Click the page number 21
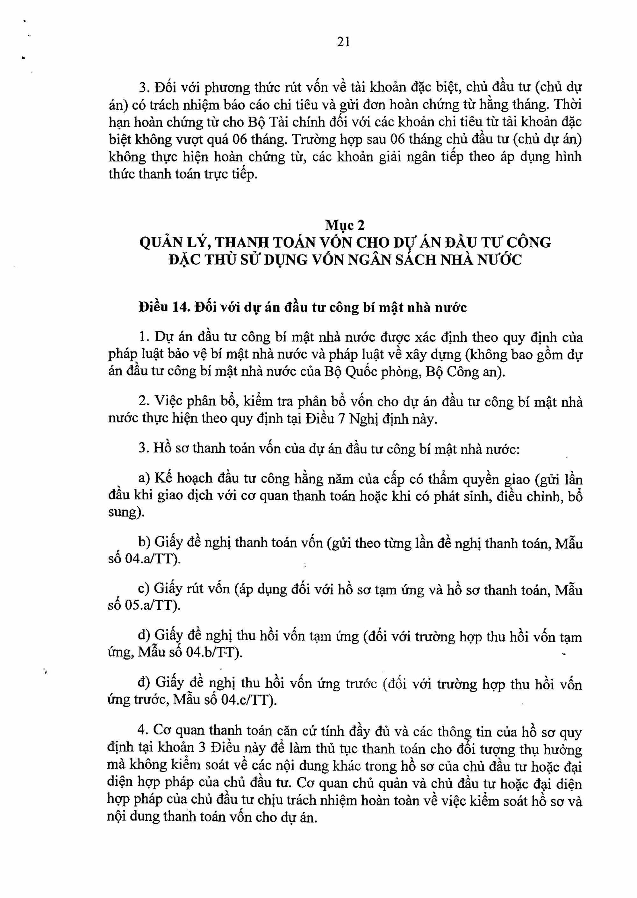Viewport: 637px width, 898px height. [343, 42]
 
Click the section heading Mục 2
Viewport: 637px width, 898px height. [345, 225]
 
